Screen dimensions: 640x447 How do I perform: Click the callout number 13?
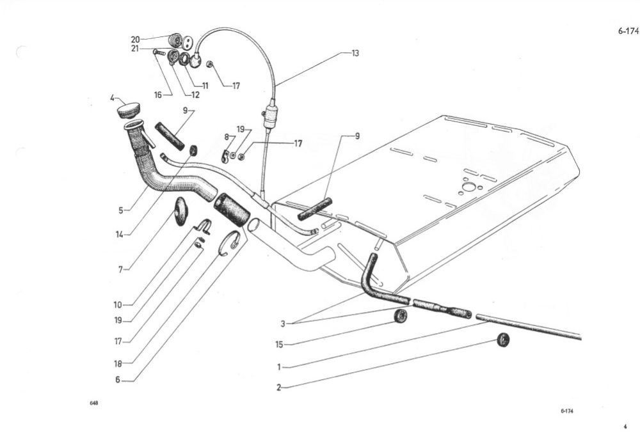(355, 54)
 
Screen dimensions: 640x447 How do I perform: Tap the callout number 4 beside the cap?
(112, 98)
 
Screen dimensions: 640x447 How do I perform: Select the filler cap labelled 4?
(129, 110)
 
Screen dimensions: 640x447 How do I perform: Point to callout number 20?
(136, 40)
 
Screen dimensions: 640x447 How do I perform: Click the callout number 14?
(119, 235)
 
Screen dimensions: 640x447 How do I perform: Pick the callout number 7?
(121, 270)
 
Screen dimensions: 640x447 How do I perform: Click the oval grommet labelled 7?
(181, 210)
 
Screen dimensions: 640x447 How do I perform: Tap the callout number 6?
(118, 380)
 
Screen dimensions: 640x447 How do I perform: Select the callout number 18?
(118, 364)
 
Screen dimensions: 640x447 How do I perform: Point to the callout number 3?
(283, 324)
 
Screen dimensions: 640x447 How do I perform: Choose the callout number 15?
(279, 345)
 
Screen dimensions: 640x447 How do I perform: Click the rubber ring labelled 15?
(401, 316)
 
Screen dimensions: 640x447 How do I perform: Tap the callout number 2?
(279, 388)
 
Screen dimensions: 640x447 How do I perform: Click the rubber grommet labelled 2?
(504, 340)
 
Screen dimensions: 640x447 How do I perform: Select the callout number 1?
(279, 367)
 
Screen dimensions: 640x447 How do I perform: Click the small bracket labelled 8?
(225, 156)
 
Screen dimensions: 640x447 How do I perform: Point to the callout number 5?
(121, 210)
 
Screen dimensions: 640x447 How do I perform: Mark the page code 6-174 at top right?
(628, 31)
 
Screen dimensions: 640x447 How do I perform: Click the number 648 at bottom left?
(94, 403)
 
